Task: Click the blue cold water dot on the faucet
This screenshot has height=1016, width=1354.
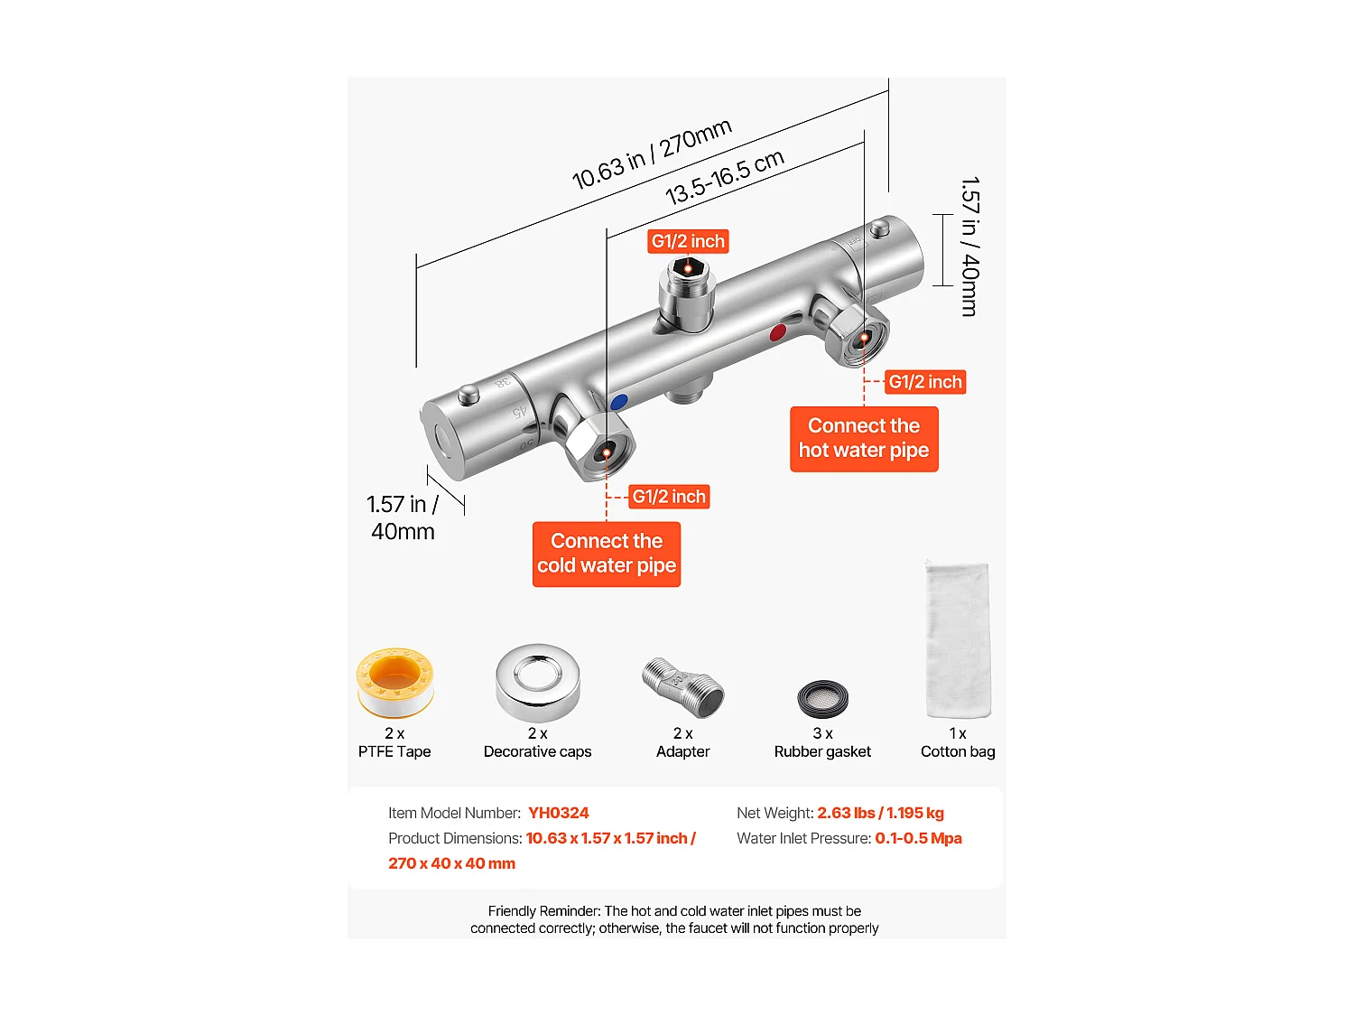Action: click(x=618, y=402)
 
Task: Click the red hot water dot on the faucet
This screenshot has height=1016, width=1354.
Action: click(x=777, y=333)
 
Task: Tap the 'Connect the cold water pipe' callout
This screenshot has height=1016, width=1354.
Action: click(x=607, y=554)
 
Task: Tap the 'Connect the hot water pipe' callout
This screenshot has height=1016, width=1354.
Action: click(x=864, y=438)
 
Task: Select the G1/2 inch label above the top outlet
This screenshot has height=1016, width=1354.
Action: click(x=688, y=241)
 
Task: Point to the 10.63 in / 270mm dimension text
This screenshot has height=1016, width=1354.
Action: click(x=652, y=154)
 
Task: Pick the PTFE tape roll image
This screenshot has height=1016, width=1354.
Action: click(x=395, y=682)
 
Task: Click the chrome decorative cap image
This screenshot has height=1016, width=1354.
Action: click(x=537, y=682)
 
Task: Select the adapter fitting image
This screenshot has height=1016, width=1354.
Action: click(x=683, y=687)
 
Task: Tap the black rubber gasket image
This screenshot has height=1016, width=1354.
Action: click(x=822, y=699)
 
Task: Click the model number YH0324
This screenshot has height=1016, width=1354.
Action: click(x=558, y=813)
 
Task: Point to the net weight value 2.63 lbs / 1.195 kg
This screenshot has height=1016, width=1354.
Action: click(x=880, y=813)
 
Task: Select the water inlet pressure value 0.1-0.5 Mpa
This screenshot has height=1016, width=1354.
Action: click(x=918, y=838)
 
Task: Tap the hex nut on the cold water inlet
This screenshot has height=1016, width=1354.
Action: click(x=602, y=446)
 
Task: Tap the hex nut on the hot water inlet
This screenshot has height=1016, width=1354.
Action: click(x=858, y=336)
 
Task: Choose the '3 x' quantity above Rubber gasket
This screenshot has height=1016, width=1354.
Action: click(x=822, y=733)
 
